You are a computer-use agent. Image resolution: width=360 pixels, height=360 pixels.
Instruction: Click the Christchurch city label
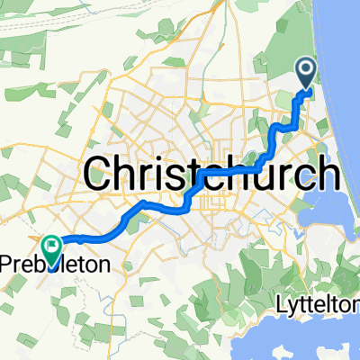pos(212,172)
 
